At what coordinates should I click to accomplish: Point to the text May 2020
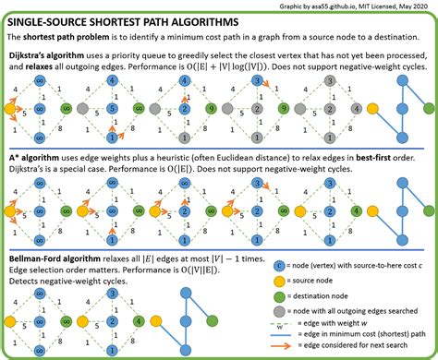pyautogui.click(x=413, y=6)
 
